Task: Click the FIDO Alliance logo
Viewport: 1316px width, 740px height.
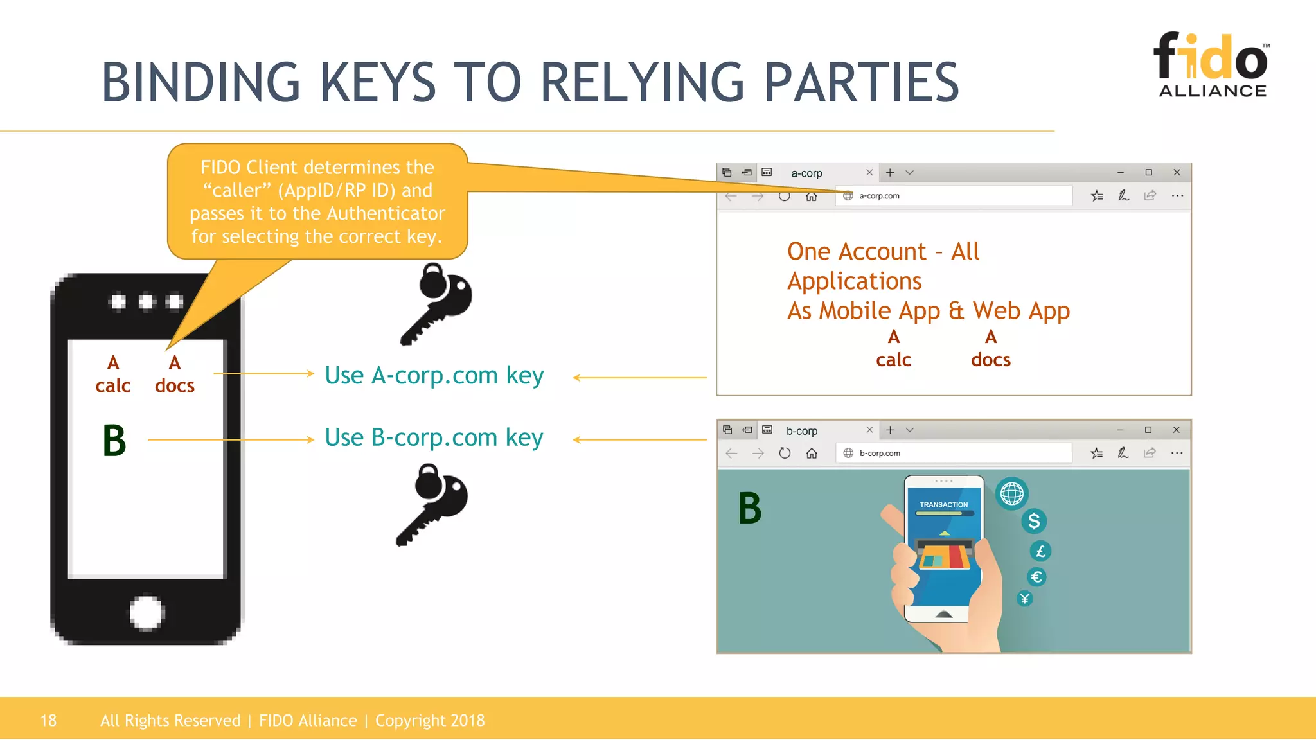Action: click(x=1212, y=65)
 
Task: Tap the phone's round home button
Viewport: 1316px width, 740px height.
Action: click(x=147, y=612)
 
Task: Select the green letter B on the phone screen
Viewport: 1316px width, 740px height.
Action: click(x=114, y=441)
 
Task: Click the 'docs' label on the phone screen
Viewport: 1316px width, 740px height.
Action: click(x=175, y=385)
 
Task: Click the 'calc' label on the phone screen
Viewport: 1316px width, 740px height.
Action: click(x=113, y=385)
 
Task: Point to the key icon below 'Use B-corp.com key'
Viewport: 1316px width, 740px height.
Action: click(x=432, y=505)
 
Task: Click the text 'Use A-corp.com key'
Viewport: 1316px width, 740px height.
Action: click(x=434, y=375)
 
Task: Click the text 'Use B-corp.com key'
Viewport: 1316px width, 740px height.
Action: click(x=434, y=437)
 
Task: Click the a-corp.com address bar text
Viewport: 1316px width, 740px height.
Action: click(x=879, y=196)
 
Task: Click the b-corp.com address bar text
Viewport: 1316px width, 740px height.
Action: click(x=880, y=453)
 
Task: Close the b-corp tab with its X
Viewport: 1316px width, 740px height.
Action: click(x=869, y=430)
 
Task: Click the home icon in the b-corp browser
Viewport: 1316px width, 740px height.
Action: click(x=812, y=453)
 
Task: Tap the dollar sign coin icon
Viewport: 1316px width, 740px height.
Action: click(x=1033, y=521)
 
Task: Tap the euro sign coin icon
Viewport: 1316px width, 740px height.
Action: click(x=1036, y=577)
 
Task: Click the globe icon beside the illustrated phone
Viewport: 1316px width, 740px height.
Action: click(x=1011, y=494)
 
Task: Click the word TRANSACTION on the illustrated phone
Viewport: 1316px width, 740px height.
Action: click(x=943, y=504)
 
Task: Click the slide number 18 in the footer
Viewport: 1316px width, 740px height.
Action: click(x=48, y=720)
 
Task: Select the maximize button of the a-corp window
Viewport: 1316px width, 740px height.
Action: click(x=1148, y=172)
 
